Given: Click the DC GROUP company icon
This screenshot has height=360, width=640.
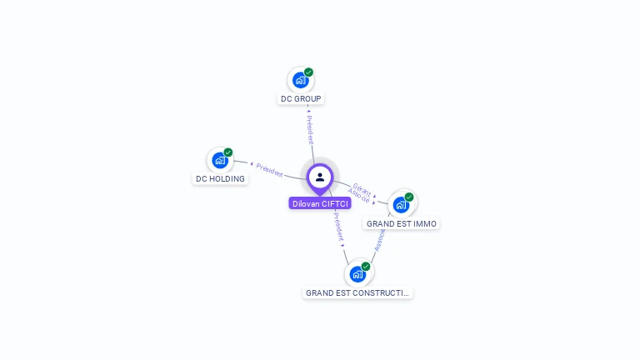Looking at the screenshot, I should pos(300,81).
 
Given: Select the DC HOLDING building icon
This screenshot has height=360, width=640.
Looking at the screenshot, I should pos(220,161).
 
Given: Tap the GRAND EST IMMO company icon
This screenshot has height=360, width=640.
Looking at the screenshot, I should pos(401,205).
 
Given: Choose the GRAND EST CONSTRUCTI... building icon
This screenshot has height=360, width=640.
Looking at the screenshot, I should pos(357,274).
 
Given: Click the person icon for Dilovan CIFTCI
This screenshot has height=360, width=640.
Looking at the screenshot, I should pos(320,177).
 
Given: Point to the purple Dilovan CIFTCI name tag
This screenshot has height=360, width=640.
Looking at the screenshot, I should pos(320,203).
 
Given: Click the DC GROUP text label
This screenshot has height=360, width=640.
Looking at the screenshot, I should pos(301,98).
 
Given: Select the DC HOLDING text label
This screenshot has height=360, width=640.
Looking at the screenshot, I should pos(220,178).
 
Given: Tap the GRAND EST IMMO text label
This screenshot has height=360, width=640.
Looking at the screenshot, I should pos(402,223).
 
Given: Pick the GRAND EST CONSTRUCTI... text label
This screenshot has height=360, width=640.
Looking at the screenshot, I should pos(357,292).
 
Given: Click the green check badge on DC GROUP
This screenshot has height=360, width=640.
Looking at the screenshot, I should pos(308,72).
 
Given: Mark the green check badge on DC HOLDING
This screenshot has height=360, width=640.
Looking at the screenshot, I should pos(228,152).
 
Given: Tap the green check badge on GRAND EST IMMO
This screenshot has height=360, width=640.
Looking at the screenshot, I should pos(409,197).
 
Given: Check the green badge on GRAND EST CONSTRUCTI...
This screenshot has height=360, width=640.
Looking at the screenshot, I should pos(366,267).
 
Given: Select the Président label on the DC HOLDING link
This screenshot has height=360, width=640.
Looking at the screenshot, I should pos(268,168).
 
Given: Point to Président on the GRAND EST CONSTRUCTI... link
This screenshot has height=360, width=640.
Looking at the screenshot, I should pos(338,227).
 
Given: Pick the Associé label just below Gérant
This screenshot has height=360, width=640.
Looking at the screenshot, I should pos(359,197).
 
